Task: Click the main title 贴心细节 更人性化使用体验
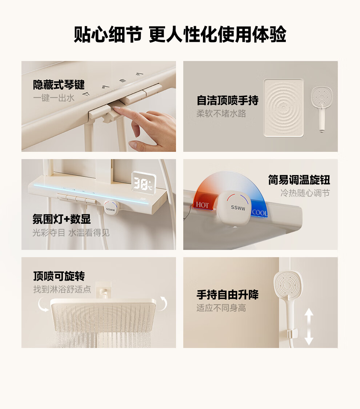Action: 180,34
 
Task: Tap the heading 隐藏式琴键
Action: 59,85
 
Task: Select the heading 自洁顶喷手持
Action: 227,100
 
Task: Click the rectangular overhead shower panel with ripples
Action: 284,108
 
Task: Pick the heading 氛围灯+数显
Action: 61,219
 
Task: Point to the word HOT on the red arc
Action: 202,205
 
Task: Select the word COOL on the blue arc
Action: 260,212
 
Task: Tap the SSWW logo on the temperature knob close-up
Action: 238,208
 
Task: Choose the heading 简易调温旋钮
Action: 299,180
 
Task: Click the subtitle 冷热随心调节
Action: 305,193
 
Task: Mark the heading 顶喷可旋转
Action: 59,276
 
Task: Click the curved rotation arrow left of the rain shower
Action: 42,305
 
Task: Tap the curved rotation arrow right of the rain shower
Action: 164,303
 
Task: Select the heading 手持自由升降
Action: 227,295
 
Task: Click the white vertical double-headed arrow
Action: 309,327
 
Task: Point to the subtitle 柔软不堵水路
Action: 221,113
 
